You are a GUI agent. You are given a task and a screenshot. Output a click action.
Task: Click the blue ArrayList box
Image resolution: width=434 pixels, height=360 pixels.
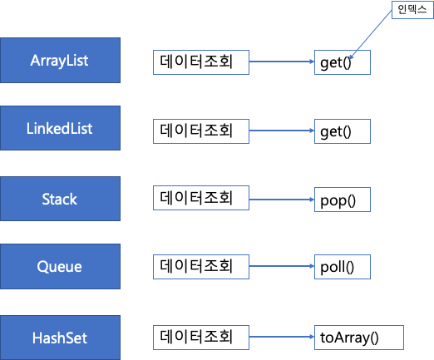tap(60, 60)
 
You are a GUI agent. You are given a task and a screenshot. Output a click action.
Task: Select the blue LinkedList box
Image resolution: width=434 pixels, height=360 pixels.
tap(60, 128)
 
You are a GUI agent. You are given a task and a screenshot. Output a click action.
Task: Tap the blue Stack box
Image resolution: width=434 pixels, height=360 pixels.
tap(60, 199)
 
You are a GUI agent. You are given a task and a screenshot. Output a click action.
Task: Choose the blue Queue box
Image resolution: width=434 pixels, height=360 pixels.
tap(60, 267)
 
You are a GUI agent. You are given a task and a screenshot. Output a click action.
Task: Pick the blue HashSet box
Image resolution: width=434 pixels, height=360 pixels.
tap(60, 338)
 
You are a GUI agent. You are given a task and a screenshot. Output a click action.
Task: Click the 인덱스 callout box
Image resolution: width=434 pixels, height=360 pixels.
tap(412, 10)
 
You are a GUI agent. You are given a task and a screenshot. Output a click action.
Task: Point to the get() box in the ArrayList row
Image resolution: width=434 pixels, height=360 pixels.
tap(343, 62)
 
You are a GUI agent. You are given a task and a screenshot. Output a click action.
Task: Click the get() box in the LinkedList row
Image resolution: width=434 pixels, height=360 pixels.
tap(343, 131)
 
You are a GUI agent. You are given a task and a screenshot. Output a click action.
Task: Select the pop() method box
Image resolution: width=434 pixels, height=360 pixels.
tap(343, 200)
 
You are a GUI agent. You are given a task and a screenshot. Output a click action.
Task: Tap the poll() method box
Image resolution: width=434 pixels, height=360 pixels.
tap(343, 267)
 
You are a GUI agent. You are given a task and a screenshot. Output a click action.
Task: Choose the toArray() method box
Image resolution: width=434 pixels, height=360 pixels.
tap(359, 338)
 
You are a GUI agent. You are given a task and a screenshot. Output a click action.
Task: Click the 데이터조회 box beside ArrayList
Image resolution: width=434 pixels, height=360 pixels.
tap(201, 62)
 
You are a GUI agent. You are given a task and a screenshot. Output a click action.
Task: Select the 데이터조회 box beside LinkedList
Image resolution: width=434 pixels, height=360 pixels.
tap(201, 131)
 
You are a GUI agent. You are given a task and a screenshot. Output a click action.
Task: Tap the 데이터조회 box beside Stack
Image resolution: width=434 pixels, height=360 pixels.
tap(201, 198)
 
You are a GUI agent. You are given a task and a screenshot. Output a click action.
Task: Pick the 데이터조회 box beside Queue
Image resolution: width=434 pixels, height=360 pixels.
tap(201, 267)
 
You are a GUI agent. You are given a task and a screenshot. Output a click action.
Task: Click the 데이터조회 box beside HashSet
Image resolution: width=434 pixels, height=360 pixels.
tap(201, 338)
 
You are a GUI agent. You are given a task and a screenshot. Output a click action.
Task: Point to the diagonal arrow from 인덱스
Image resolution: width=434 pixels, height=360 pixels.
tap(371, 35)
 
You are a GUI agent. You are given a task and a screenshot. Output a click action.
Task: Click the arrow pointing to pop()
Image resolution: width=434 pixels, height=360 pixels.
tap(282, 200)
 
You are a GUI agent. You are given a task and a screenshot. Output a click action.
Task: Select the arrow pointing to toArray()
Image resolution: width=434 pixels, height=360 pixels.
tap(282, 337)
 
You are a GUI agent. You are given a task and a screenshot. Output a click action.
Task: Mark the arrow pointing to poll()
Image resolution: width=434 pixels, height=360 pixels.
tap(282, 266)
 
